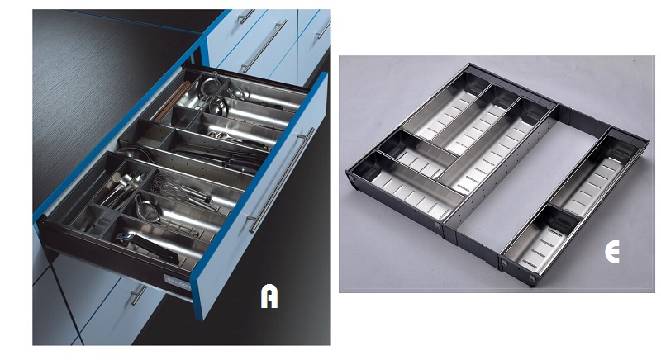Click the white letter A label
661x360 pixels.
click(269, 296)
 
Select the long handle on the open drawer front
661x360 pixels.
click(282, 179)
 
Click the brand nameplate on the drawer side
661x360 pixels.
click(177, 281)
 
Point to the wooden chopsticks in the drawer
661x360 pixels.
click(172, 101)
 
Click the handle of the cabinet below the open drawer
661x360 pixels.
click(138, 294)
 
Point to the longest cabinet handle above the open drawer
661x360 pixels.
click(264, 46)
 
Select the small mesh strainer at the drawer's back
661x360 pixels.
click(210, 85)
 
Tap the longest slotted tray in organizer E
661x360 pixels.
click(497, 145)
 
